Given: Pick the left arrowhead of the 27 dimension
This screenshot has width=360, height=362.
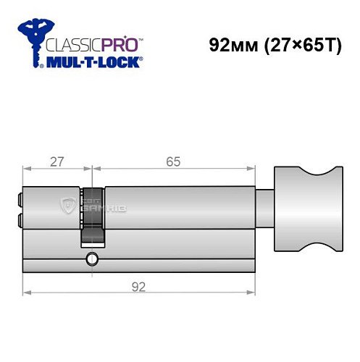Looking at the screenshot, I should (26, 169).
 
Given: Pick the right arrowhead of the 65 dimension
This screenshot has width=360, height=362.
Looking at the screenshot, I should (254, 169).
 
